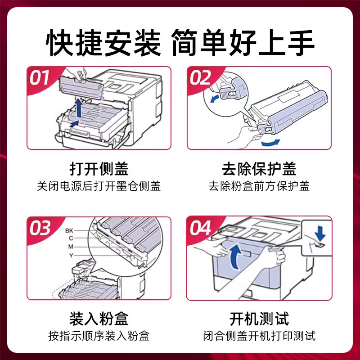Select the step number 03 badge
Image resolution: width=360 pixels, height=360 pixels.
coord(40,228)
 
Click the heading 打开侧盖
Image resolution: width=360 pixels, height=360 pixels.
coord(99,169)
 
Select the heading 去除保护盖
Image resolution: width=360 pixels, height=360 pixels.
coord(259,169)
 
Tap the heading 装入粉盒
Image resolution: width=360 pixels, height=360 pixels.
coord(99,319)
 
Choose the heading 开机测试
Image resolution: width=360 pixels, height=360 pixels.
coord(259,319)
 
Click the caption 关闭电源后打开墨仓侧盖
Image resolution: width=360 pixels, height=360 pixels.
coord(99,186)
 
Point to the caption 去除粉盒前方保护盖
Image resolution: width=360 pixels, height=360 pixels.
coord(259,186)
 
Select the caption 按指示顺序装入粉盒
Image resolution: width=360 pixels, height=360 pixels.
coord(99,336)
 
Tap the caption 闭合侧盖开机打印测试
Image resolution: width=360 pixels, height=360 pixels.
coord(259,336)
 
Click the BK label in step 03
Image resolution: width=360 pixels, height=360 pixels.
coord(69,230)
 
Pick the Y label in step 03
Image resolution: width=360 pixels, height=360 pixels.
coord(71,255)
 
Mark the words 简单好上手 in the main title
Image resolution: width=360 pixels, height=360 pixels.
coord(243,43)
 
